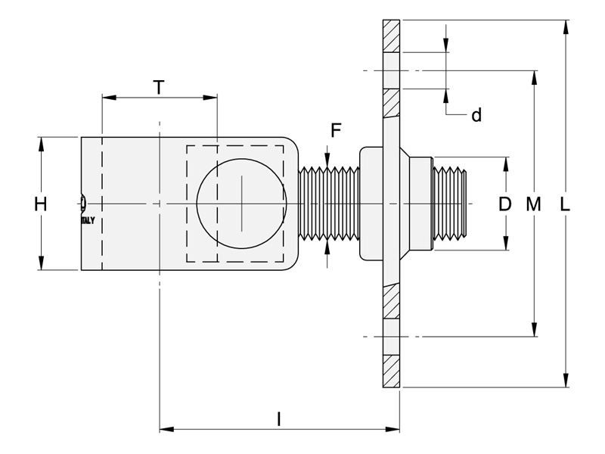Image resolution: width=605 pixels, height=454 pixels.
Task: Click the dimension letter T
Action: click(x=158, y=87)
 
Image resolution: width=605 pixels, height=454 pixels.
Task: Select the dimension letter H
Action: click(x=41, y=204)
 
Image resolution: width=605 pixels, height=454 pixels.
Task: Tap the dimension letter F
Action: click(x=336, y=130)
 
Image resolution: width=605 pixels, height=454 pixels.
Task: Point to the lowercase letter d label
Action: click(x=476, y=115)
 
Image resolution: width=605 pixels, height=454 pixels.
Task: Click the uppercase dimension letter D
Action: click(x=505, y=204)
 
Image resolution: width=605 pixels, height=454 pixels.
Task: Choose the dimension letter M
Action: click(x=534, y=204)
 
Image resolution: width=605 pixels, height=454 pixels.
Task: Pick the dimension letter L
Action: click(x=564, y=204)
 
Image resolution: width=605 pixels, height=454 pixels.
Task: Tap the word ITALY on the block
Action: click(x=88, y=220)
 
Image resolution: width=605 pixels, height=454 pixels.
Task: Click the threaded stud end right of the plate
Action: click(x=449, y=204)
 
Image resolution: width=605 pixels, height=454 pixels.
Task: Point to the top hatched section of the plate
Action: click(x=391, y=36)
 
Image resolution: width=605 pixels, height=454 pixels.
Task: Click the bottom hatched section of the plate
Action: click(x=391, y=371)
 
